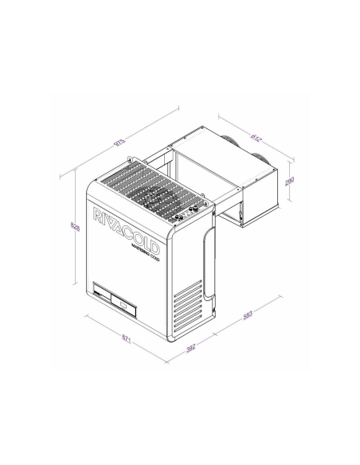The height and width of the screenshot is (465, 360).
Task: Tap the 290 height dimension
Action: pyautogui.click(x=290, y=182)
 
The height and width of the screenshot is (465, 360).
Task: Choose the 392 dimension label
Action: pyautogui.click(x=190, y=347)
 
